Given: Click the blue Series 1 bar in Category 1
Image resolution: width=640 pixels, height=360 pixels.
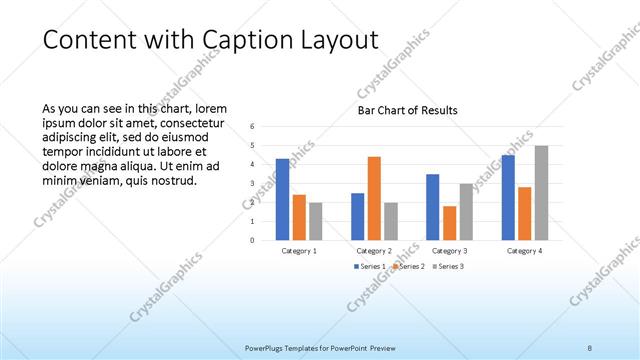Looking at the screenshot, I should tap(282, 199).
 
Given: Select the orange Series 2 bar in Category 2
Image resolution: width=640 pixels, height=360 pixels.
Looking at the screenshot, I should tap(374, 198).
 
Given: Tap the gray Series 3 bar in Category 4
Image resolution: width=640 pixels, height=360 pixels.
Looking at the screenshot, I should tap(541, 192).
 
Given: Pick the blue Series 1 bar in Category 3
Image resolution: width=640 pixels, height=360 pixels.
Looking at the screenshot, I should tap(432, 207).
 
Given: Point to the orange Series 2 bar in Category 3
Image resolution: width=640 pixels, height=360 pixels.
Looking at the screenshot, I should tap(450, 222).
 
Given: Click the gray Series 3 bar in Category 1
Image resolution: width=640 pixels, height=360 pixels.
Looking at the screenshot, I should tap(315, 220).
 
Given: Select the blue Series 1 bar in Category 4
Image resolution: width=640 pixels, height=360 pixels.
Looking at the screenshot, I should tap(508, 197).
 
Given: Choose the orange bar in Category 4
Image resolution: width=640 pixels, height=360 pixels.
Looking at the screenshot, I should tap(524, 213).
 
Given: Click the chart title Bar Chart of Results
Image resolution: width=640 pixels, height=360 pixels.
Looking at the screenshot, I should tap(408, 110).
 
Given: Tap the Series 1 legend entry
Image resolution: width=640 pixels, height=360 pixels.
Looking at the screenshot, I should tap(369, 266).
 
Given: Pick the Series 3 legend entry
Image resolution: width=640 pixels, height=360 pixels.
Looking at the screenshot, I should tap(449, 266).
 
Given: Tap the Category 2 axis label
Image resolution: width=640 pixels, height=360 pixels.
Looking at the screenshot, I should tap(374, 250).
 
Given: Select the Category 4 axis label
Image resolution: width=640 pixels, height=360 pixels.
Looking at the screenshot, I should tap(524, 250).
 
